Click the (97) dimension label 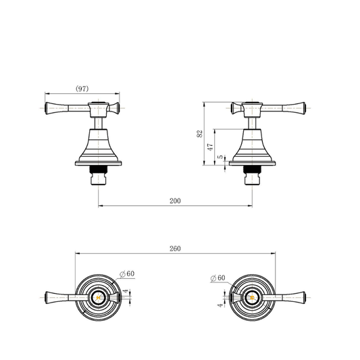82,88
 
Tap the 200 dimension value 175,201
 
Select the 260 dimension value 175,249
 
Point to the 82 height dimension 200,134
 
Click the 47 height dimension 210,147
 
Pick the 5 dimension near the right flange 220,157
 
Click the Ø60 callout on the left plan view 127,274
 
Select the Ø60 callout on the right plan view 218,278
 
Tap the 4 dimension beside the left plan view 126,291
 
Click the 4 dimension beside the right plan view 220,305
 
